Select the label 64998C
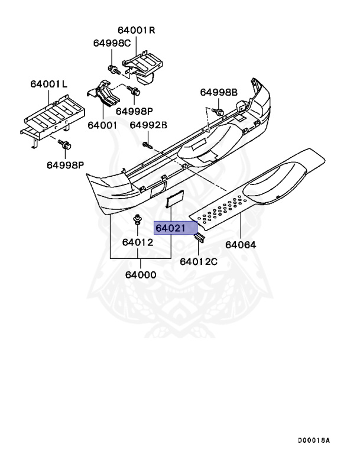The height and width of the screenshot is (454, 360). [x=112, y=43]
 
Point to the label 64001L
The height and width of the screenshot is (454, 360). [x=49, y=85]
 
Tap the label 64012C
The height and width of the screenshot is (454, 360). [x=199, y=261]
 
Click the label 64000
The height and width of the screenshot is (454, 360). [x=140, y=275]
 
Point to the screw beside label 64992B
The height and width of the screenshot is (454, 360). [x=147, y=144]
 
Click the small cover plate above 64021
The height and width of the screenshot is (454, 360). [x=176, y=200]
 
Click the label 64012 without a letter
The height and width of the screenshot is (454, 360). [x=138, y=242]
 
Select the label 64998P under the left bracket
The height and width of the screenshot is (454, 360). [x=66, y=165]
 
